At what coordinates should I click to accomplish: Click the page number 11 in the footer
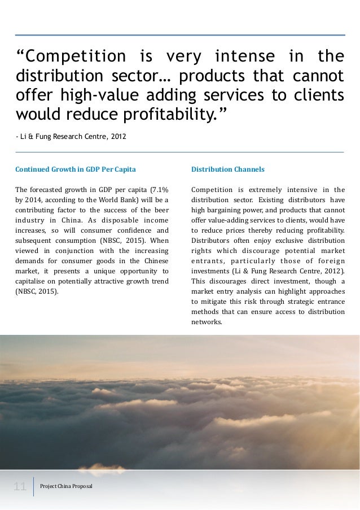click(x=20, y=486)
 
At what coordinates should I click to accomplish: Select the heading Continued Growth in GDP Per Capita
click(x=75, y=169)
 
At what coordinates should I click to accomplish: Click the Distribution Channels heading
click(x=228, y=169)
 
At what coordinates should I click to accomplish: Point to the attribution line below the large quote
click(x=71, y=136)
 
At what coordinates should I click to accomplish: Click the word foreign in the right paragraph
click(x=330, y=261)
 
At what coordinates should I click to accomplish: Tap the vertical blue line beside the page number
click(x=34, y=486)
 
